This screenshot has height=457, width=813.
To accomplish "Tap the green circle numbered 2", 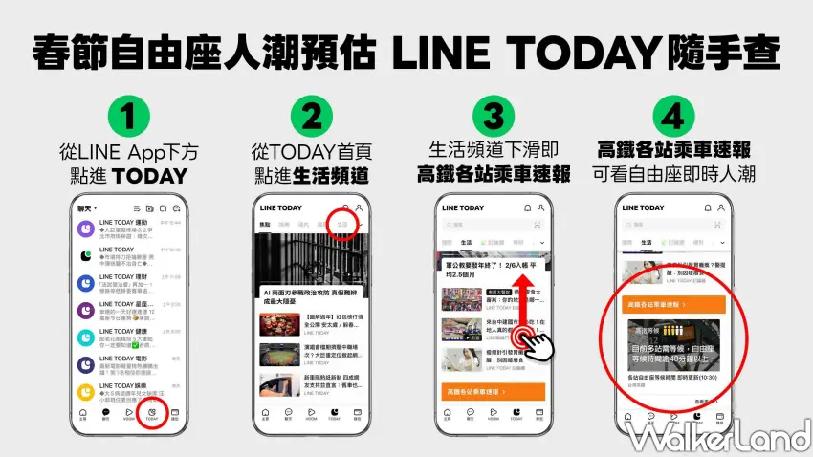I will point(312,119).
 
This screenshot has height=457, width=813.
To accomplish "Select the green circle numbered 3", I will point(494,119).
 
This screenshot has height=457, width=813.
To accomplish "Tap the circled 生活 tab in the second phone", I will point(341,224).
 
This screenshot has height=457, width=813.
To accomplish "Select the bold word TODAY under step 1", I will point(148,175).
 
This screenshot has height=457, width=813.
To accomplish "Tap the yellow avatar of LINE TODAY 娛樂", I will point(86,392).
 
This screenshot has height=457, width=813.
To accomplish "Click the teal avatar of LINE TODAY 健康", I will point(86,337).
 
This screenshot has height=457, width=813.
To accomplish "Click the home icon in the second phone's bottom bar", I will point(265,413).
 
